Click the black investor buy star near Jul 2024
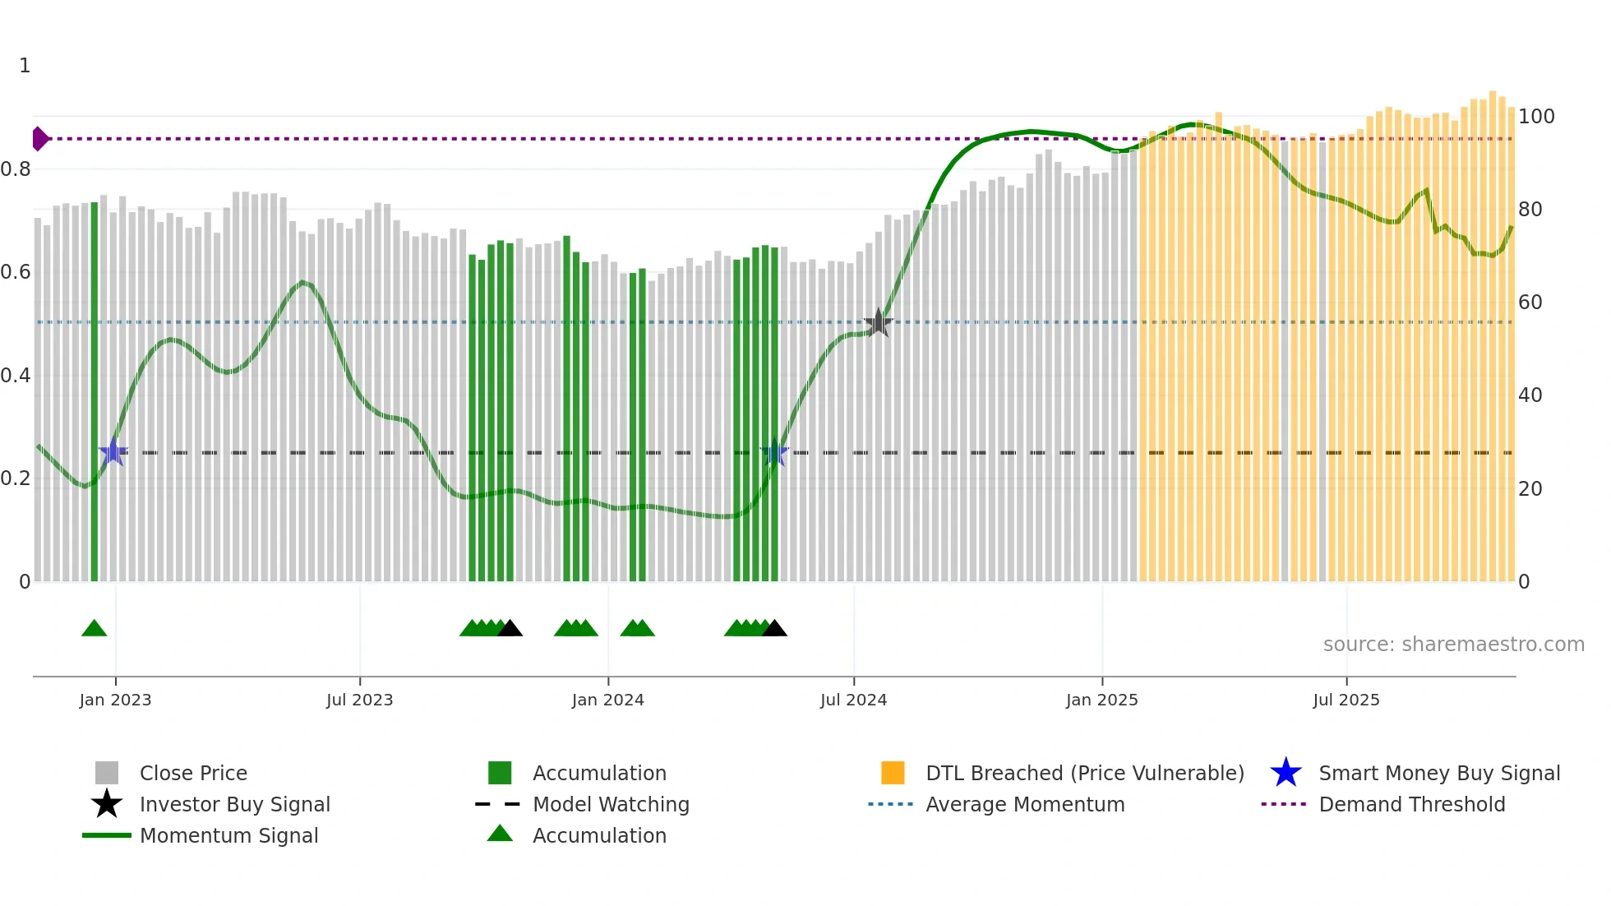[878, 322]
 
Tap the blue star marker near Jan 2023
[113, 452]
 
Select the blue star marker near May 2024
[774, 452]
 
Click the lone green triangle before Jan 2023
[95, 629]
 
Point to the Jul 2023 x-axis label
[359, 700]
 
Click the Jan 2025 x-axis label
[1101, 700]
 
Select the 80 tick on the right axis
[1530, 210]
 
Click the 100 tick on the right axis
[1535, 117]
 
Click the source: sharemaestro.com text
[1453, 645]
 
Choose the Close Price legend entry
[193, 773]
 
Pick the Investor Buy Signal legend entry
[234, 804]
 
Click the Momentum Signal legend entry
[228, 835]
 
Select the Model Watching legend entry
[611, 804]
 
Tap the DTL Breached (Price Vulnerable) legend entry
[1084, 773]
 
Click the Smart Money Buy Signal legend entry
[1438, 773]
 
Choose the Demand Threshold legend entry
[1411, 804]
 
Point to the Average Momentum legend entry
[1024, 804]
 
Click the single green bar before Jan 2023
[95, 395]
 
